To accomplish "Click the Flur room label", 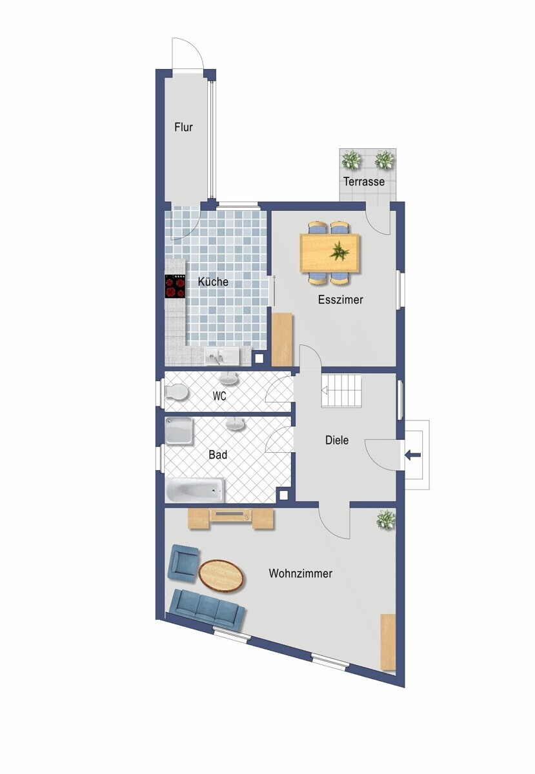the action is pyautogui.click(x=183, y=127).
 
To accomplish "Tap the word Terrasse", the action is pyautogui.click(x=364, y=181).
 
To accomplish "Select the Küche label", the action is pyautogui.click(x=213, y=282).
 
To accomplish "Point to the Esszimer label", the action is pyautogui.click(x=340, y=299).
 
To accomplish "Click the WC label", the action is pyautogui.click(x=219, y=396).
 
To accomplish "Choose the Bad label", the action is pyautogui.click(x=218, y=455).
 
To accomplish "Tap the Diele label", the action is pyautogui.click(x=337, y=440).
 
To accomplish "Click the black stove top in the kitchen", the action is pyautogui.click(x=175, y=286).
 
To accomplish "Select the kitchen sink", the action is pyautogui.click(x=221, y=356).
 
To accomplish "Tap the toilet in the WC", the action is pyautogui.click(x=176, y=392).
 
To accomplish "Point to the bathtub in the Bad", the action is pyautogui.click(x=195, y=490).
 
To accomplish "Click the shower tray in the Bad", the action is pyautogui.click(x=179, y=431).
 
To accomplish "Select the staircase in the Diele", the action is pyautogui.click(x=341, y=391).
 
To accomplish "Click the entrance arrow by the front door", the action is pyautogui.click(x=412, y=455).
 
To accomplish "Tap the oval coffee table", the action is pyautogui.click(x=221, y=577).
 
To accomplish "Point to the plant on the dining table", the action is pyautogui.click(x=339, y=251).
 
